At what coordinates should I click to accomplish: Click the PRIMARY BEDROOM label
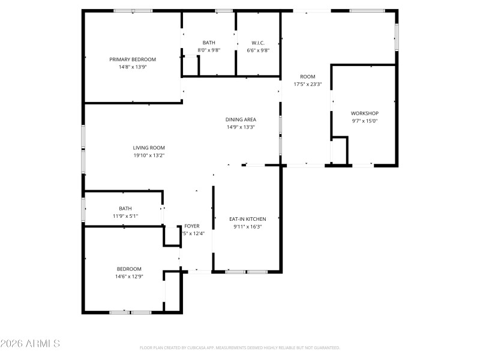click(133, 59)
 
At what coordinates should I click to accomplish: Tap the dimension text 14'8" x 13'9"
click(133, 67)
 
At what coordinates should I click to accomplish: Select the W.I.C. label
click(258, 43)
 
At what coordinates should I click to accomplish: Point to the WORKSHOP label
click(365, 113)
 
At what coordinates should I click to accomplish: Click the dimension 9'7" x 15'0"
click(365, 121)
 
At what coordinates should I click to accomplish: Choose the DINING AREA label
click(241, 119)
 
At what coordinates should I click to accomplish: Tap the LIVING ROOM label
click(149, 148)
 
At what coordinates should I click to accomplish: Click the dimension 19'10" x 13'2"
click(149, 155)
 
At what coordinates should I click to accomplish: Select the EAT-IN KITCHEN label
click(247, 219)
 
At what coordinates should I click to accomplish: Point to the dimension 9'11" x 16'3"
click(247, 227)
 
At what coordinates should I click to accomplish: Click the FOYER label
click(191, 226)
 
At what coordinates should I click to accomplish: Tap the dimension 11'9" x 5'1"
click(125, 216)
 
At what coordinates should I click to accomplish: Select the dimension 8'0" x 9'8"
click(209, 50)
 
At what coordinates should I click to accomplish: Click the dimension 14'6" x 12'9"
click(129, 277)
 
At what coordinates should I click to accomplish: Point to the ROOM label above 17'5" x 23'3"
click(308, 76)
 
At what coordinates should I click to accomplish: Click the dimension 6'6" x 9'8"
click(258, 50)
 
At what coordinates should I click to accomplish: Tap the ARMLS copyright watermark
click(30, 344)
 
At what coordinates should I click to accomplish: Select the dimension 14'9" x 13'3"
click(241, 127)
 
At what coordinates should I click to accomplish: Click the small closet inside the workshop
click(339, 150)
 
